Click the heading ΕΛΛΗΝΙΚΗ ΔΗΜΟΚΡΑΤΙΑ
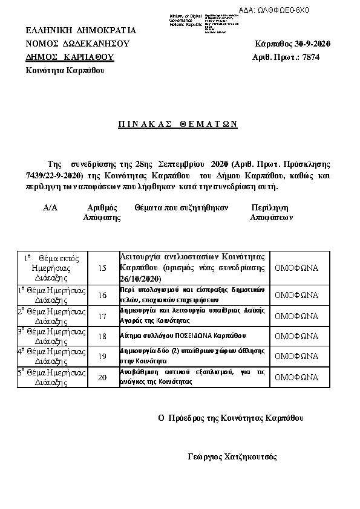[x=80, y=31]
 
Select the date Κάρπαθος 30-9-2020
[x=293, y=44]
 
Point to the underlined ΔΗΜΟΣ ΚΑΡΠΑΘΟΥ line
[x=70, y=57]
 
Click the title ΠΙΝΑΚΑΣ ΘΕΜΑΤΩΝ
[x=177, y=124]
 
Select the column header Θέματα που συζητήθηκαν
[x=182, y=207]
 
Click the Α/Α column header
[x=50, y=207]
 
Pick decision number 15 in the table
[x=102, y=268]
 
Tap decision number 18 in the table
[x=102, y=336]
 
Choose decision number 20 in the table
[x=102, y=377]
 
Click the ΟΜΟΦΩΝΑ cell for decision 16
[x=296, y=296]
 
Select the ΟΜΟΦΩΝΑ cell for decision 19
[x=296, y=357]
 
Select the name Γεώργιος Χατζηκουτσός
[x=232, y=457]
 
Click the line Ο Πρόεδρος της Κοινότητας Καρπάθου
[x=231, y=418]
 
